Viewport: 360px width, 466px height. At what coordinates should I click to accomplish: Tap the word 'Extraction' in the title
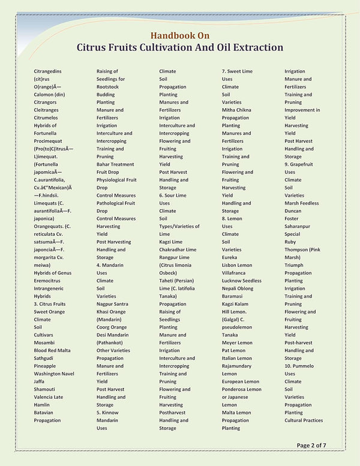251,47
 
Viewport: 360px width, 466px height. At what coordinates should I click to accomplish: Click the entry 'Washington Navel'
54,374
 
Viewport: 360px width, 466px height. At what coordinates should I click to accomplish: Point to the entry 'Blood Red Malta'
52,350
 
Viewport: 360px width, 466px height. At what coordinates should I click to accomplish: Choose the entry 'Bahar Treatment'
115,164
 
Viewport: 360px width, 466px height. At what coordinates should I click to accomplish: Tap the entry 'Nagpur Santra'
113,304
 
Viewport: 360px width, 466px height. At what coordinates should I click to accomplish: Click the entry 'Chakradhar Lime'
178,249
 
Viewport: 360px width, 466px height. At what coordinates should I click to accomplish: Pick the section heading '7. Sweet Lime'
237,71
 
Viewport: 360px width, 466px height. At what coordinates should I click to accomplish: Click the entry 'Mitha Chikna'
236,110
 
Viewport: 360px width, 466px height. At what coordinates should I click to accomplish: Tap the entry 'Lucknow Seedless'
241,281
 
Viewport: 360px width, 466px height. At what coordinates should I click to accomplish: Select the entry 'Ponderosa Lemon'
241,389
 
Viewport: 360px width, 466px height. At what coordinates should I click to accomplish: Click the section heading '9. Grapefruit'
302,164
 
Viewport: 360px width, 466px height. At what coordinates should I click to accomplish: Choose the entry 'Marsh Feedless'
302,203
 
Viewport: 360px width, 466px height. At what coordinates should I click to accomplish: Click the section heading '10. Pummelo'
301,366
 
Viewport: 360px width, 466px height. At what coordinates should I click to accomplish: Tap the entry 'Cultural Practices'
304,420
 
